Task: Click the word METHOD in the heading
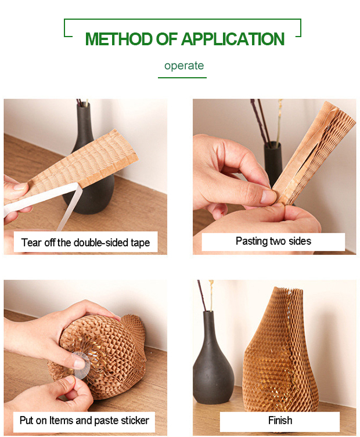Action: click(119, 39)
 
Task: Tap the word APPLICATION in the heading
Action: click(233, 39)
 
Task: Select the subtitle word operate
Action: click(184, 66)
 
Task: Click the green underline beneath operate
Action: click(182, 78)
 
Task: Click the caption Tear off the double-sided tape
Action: click(85, 243)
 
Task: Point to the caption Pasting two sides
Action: click(273, 241)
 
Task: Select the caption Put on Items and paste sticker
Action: click(84, 420)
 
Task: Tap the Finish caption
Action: click(280, 420)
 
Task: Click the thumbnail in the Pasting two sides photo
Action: click(267, 196)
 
